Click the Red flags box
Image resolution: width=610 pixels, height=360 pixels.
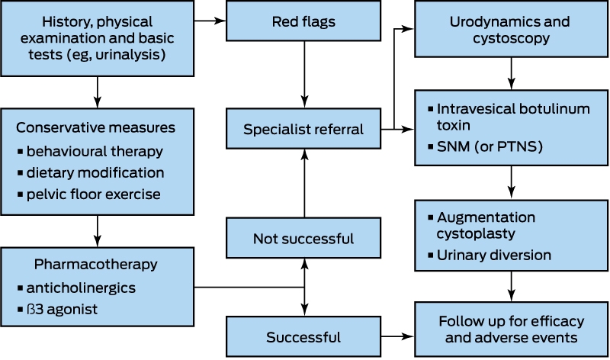click(x=303, y=21)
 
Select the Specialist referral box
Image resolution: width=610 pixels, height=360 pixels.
click(x=303, y=129)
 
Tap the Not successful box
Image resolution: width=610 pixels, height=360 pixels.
click(x=303, y=238)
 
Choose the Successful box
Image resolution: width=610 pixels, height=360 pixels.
click(x=303, y=336)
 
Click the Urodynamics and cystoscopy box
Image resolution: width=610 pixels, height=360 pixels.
click(x=511, y=29)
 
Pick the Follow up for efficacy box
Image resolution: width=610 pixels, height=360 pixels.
click(x=511, y=329)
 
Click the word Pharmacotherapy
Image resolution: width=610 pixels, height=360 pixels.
click(x=96, y=264)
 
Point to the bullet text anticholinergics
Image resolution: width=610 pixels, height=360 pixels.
click(x=81, y=288)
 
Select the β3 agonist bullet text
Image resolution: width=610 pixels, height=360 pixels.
click(x=62, y=310)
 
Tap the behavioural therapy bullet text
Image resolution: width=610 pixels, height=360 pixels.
click(x=95, y=151)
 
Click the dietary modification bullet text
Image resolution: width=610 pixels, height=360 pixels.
click(x=95, y=173)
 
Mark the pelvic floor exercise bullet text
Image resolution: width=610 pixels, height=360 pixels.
click(x=93, y=194)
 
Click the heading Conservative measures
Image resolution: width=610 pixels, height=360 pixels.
click(x=96, y=127)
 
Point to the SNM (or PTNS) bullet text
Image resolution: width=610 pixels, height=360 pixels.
click(x=490, y=146)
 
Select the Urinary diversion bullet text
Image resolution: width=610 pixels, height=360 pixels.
click(x=493, y=255)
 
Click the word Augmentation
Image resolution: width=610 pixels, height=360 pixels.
click(x=486, y=217)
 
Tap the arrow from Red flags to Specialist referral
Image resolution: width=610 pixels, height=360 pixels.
click(x=304, y=74)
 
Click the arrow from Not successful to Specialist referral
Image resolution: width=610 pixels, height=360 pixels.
click(x=304, y=183)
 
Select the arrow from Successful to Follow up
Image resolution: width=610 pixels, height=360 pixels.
click(x=397, y=336)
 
